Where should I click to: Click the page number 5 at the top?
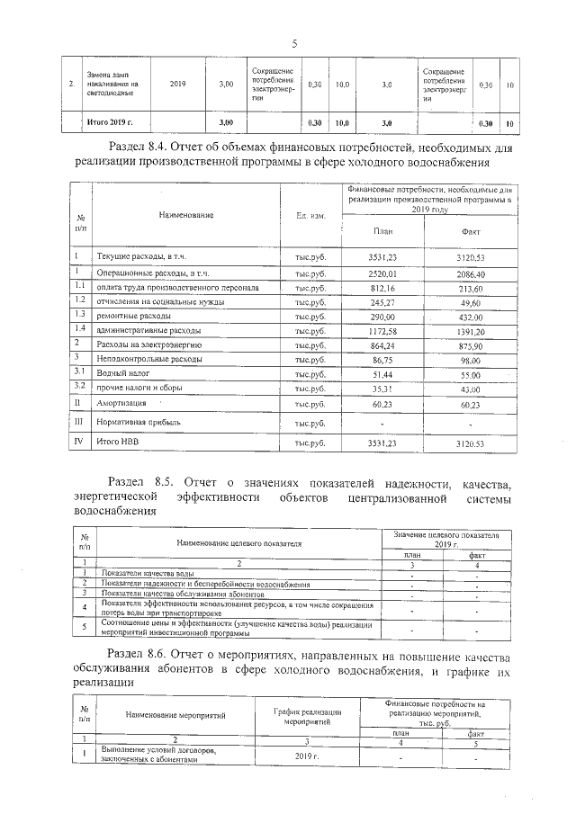[x=293, y=42]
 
